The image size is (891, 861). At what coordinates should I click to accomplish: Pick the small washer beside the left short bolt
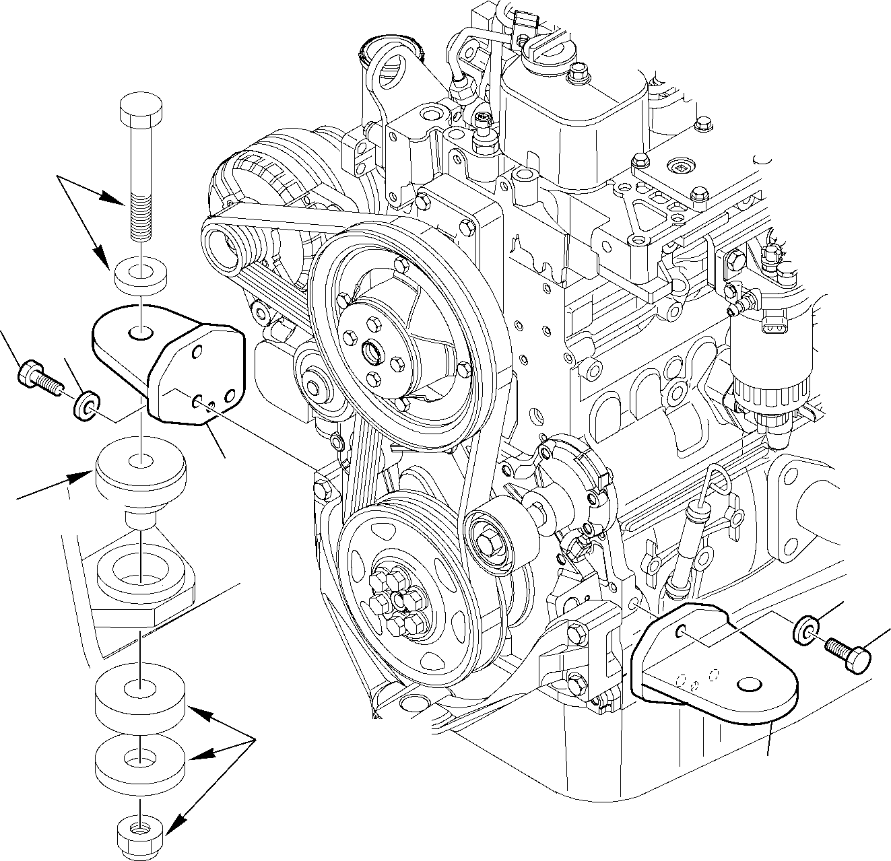tap(87, 403)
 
